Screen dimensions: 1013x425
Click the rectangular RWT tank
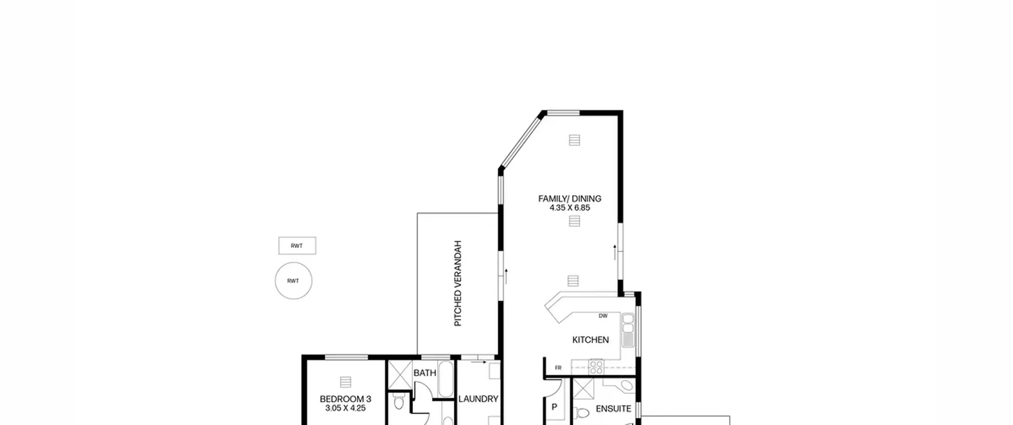pos(297,246)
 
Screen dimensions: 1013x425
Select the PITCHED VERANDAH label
pos(458,283)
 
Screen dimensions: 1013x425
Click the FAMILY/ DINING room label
pos(569,198)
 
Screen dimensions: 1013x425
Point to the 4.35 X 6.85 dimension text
pos(569,208)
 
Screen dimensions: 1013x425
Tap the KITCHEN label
pos(590,340)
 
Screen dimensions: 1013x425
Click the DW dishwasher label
pos(603,316)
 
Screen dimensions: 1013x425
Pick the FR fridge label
pos(558,368)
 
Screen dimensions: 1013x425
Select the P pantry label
pos(554,407)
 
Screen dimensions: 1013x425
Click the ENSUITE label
pos(613,408)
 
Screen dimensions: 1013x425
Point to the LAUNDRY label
pos(478,399)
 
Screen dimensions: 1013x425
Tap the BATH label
pos(425,373)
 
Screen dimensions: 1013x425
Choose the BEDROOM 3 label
pos(345,399)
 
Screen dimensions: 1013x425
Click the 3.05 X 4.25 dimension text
pos(345,408)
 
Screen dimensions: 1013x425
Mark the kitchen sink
pos(628,331)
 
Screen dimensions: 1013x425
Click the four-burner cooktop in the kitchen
pos(596,367)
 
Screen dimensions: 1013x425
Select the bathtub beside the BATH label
pos(446,379)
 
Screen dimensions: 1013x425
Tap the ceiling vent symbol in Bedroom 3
pos(345,382)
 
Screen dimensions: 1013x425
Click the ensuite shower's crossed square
pos(583,389)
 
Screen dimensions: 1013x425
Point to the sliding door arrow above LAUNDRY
pos(479,362)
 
